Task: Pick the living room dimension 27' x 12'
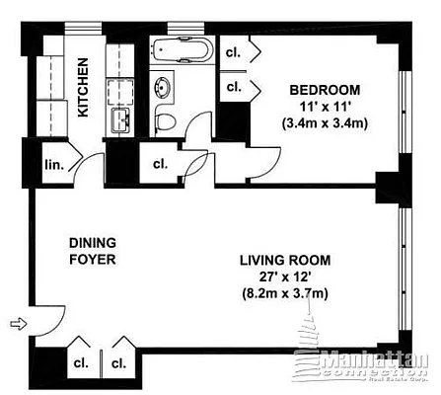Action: (284, 276)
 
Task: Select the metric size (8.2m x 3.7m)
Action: (284, 293)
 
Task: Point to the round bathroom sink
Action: (164, 89)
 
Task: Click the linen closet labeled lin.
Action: (53, 165)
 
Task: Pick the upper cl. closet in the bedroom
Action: (234, 51)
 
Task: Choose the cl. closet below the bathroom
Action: (159, 165)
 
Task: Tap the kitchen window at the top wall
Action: (84, 28)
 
